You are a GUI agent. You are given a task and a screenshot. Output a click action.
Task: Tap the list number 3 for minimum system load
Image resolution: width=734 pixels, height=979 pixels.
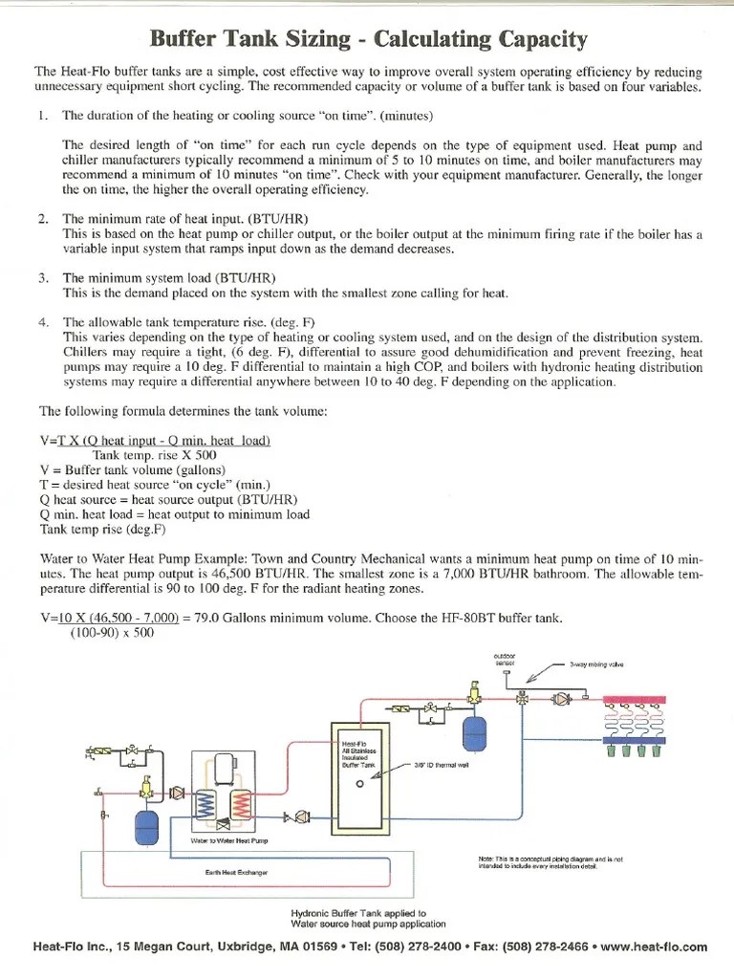coord(43,277)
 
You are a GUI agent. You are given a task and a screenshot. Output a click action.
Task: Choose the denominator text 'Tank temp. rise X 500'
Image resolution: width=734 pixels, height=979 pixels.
coord(155,455)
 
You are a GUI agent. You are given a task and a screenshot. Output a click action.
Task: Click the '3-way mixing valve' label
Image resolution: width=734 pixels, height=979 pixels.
coord(596,664)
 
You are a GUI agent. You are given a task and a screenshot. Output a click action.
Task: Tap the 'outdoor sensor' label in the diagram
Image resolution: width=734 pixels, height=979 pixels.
coord(504,659)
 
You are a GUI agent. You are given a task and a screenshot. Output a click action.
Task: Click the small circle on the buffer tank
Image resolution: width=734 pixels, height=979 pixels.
coord(361,783)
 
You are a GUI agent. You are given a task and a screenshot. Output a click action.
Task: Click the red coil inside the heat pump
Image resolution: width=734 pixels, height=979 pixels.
coord(243,791)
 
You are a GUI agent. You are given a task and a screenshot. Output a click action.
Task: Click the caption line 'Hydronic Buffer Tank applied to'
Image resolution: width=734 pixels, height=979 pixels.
coord(358,913)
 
